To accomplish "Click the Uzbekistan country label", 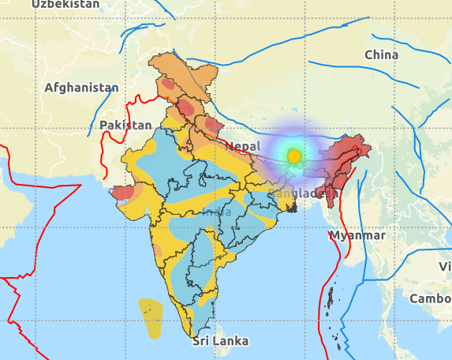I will click(66, 4).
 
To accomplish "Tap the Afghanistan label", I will click(81, 88).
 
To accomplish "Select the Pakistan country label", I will click(125, 125).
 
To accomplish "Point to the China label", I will click(381, 54).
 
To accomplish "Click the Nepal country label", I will click(242, 147).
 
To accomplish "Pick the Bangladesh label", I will click(302, 193).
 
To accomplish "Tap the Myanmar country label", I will click(357, 235).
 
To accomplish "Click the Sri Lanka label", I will click(221, 341).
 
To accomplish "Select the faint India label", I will click(217, 212).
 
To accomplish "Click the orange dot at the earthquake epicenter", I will click(294, 156).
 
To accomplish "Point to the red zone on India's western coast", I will click(124, 192).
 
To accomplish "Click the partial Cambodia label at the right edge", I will click(430, 298).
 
